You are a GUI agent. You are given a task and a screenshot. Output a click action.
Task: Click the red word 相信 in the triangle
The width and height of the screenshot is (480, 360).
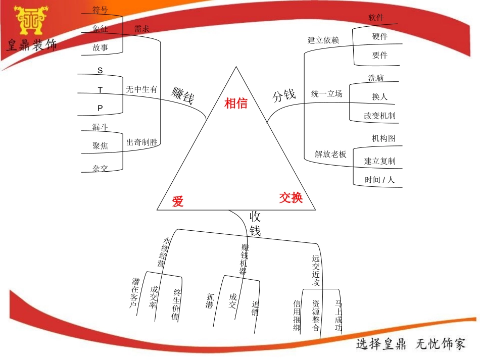(236, 104)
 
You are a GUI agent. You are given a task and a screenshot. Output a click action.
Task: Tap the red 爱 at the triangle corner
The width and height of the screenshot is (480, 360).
(177, 202)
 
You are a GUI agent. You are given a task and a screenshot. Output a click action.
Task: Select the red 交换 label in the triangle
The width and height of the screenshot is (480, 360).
(291, 198)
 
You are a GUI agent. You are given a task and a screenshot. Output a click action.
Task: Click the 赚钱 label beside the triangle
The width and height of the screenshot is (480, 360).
(182, 95)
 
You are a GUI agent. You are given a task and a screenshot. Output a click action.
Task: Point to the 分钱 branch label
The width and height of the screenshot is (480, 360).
(284, 95)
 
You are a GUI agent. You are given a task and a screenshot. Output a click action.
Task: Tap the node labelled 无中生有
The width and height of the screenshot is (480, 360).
(141, 89)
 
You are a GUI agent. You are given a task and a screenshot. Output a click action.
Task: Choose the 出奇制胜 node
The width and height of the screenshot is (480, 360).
(142, 142)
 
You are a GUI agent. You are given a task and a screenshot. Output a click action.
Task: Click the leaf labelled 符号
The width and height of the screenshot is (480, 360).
(100, 10)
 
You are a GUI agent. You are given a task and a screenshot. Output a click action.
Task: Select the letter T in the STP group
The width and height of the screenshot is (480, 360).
(100, 90)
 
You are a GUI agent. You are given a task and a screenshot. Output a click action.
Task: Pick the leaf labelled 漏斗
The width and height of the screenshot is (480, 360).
(100, 127)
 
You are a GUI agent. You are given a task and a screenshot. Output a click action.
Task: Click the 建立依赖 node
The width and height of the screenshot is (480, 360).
(323, 40)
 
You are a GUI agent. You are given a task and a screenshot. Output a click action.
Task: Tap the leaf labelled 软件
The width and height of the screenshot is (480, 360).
(376, 18)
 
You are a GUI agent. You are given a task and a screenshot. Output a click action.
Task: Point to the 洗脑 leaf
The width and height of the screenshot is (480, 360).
(376, 78)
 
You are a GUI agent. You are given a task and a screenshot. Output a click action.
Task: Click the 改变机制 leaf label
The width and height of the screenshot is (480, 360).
(379, 116)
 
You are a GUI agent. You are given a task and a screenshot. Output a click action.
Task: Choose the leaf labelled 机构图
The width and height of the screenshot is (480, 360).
(383, 138)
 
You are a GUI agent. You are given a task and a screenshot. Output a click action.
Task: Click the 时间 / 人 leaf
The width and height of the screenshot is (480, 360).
(379, 180)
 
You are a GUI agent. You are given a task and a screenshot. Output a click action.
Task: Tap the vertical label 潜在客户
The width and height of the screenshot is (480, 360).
(135, 293)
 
